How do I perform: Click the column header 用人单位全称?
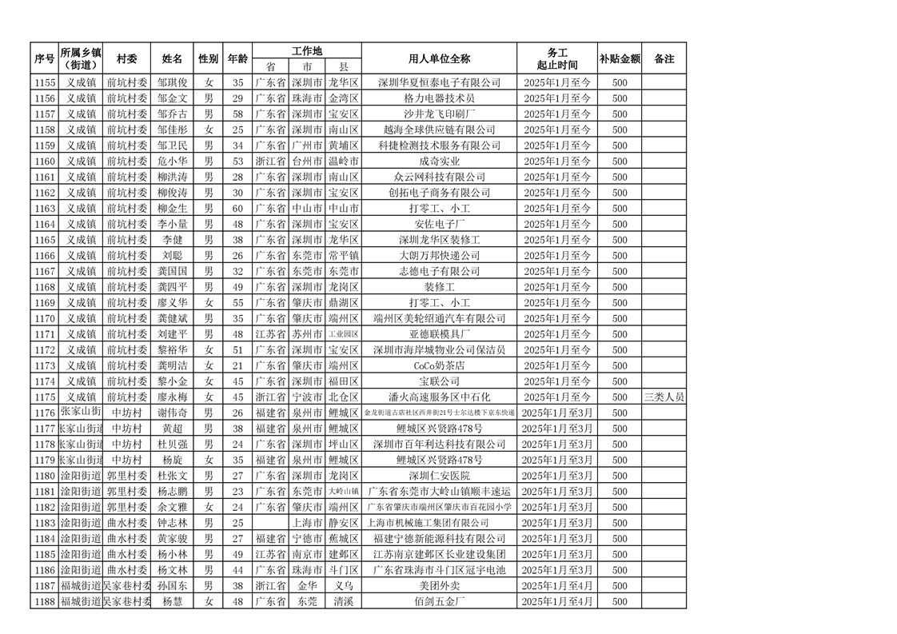[x=438, y=58]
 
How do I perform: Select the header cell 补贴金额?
[x=620, y=58]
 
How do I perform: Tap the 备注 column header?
[x=664, y=58]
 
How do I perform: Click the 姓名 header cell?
[x=172, y=58]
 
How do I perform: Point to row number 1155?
[x=45, y=82]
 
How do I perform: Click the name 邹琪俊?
[x=172, y=82]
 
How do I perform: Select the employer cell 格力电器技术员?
[x=438, y=98]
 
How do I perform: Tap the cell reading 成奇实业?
[x=438, y=161]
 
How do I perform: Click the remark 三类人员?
[x=664, y=397]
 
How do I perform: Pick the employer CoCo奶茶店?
[x=438, y=365]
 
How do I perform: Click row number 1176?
[x=45, y=413]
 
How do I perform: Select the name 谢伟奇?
[x=172, y=413]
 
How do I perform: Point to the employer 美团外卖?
[x=438, y=585]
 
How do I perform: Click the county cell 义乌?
[x=344, y=585]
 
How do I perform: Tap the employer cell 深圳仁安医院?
[x=438, y=476]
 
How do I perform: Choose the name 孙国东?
[x=172, y=585]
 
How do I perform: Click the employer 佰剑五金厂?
[x=438, y=601]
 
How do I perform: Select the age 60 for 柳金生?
[x=237, y=208]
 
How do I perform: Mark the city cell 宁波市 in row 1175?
[x=307, y=397]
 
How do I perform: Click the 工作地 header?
[x=307, y=50]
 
